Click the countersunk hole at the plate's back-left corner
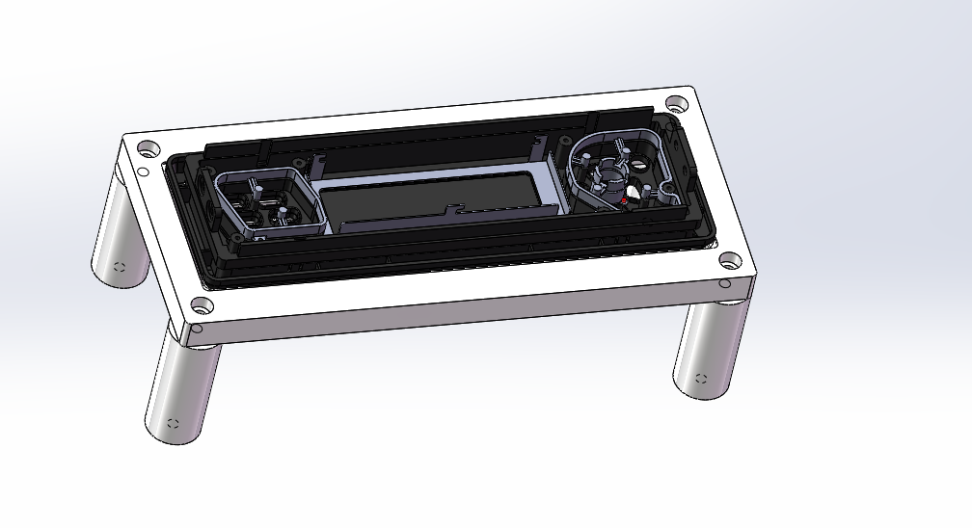coord(148,149)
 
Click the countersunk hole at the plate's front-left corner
coord(202,306)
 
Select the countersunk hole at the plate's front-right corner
coord(730,260)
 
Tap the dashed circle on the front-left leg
coord(174,423)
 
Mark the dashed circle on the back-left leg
coord(119,268)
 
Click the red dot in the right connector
coord(625,200)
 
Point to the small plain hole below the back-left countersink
coord(143,172)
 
